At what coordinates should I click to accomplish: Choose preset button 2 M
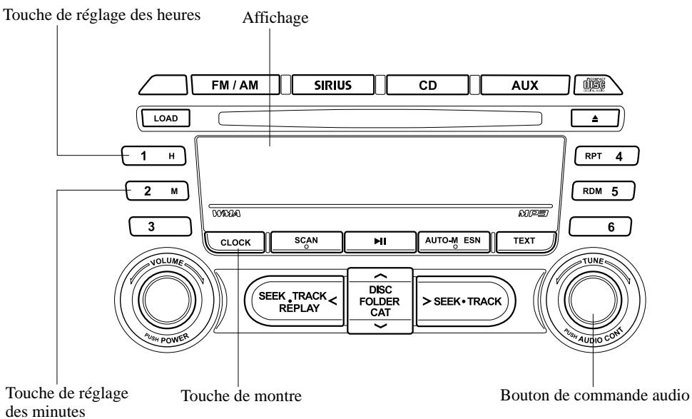[x=157, y=191]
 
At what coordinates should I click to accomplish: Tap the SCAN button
[x=305, y=242]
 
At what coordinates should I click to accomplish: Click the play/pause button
[x=378, y=242]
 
